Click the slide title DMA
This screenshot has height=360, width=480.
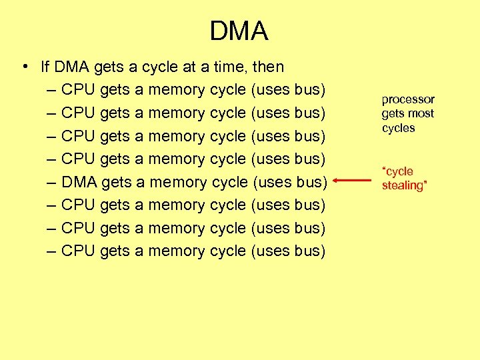239,31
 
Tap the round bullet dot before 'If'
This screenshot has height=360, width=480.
24,66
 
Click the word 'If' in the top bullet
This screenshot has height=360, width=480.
45,67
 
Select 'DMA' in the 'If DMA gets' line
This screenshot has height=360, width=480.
72,67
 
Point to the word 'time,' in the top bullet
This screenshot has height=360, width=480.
228,67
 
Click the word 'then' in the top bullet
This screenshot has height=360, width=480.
268,67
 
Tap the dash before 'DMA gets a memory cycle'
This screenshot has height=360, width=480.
51,182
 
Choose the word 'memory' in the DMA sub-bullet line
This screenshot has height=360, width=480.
178,182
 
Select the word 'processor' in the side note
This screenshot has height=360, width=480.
408,99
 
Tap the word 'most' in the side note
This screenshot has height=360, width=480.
421,113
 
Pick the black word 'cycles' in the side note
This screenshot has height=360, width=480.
399,128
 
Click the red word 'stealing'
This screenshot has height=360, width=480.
403,185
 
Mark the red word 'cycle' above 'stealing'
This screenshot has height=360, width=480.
398,171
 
